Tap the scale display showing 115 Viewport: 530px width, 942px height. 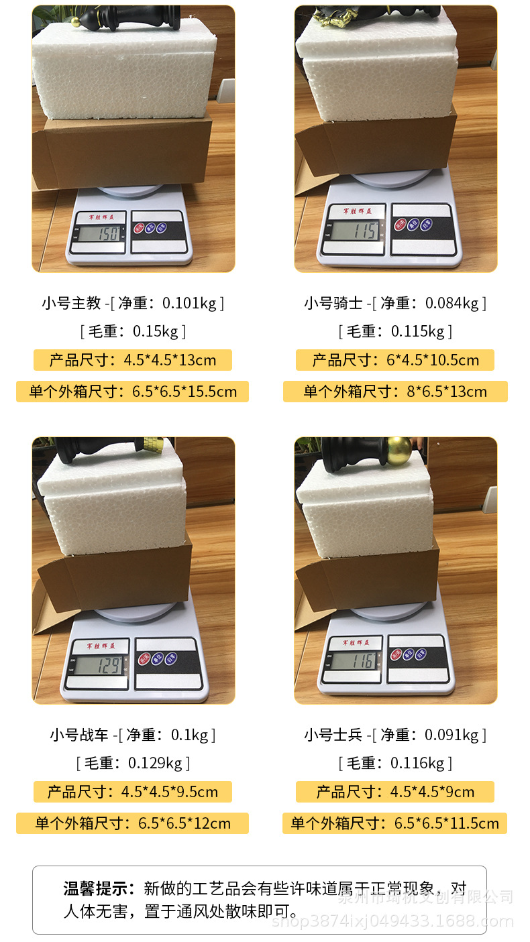[354, 231]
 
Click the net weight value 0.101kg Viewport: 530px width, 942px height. [190, 303]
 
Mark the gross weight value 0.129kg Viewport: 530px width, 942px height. [155, 763]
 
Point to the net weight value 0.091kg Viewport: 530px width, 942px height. [452, 735]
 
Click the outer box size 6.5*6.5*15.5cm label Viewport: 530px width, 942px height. [132, 392]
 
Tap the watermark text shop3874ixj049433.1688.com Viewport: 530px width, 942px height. [392, 922]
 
